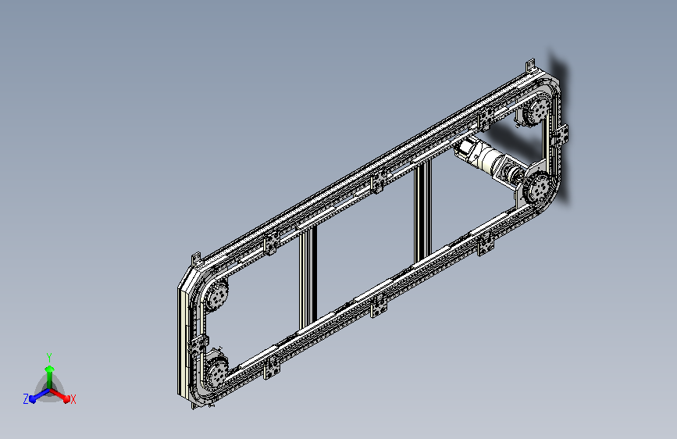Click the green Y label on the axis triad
click(x=49, y=357)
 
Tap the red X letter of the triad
click(x=73, y=399)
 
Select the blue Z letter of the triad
click(x=26, y=399)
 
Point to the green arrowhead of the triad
click(x=50, y=369)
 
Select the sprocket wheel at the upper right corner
click(x=536, y=111)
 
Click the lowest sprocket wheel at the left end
click(x=215, y=372)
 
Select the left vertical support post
click(x=308, y=278)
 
